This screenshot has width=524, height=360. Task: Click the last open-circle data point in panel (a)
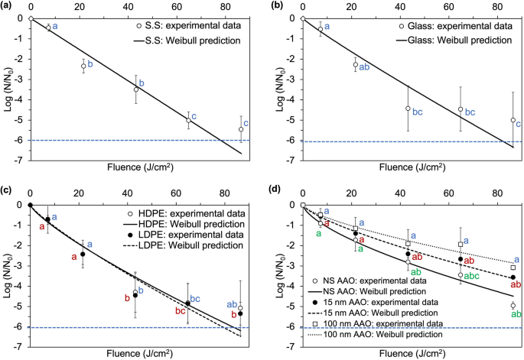[x=241, y=129]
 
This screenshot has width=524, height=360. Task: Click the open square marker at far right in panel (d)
[x=513, y=268]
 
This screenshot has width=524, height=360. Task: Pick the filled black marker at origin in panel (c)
[x=30, y=205]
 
